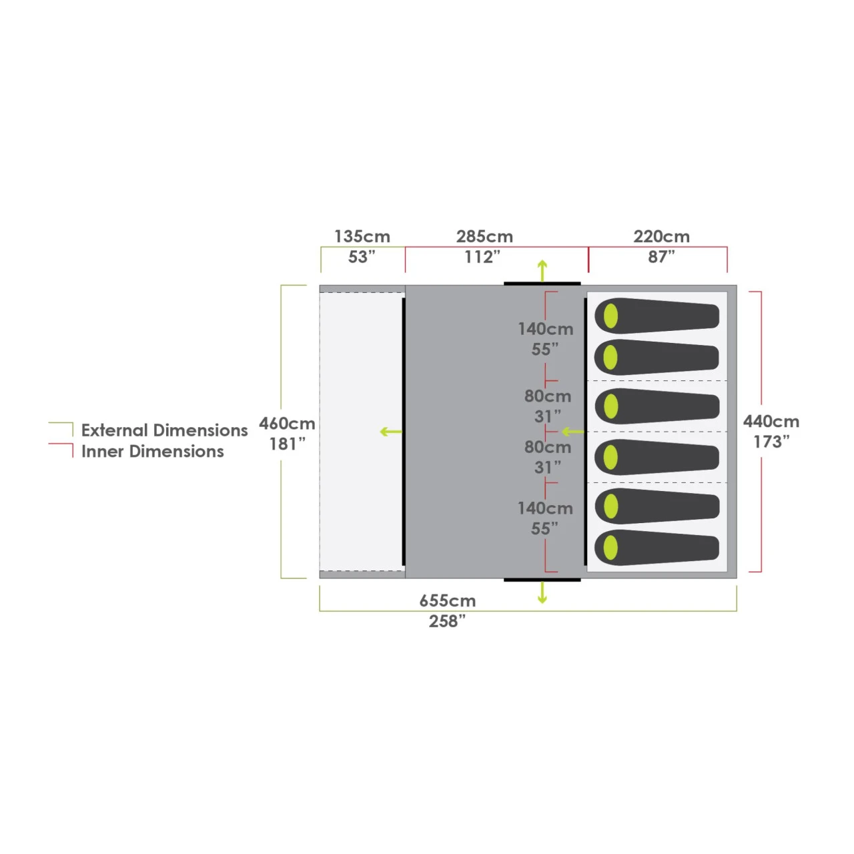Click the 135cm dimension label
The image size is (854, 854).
click(362, 237)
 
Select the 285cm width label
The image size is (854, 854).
click(484, 237)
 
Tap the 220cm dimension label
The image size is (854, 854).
click(661, 237)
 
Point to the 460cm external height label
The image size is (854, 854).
click(287, 424)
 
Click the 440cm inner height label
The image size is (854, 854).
click(771, 422)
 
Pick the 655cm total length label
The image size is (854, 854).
click(447, 601)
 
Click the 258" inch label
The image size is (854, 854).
click(447, 621)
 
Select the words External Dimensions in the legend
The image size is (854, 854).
click(164, 430)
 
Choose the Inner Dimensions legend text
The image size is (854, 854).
click(153, 452)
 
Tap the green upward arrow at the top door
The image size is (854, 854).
click(542, 270)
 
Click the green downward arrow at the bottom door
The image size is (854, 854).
click(542, 592)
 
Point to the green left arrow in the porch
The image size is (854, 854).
click(391, 432)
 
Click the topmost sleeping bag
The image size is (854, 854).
click(657, 316)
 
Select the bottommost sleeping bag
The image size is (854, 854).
click(657, 548)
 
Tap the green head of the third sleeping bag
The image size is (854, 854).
click(610, 406)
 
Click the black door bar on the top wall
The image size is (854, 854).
click(542, 284)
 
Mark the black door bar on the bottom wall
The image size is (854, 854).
click(542, 580)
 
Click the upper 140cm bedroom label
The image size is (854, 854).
click(546, 329)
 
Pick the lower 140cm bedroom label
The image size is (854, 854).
click(546, 508)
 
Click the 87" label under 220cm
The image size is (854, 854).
click(661, 257)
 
